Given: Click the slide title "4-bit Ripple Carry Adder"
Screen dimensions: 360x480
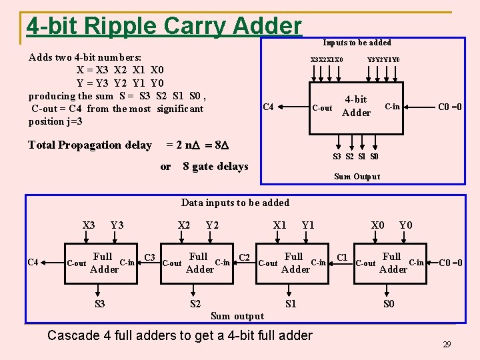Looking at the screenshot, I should click(x=164, y=25).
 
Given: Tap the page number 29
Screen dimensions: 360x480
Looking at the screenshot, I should click(x=447, y=344).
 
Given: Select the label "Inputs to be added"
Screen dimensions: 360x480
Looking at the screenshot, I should click(x=357, y=43).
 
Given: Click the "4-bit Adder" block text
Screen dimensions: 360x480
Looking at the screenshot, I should click(x=356, y=106).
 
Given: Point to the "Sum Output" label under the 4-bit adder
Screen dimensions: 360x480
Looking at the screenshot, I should click(x=357, y=177).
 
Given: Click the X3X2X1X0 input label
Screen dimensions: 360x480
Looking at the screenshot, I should click(x=327, y=60).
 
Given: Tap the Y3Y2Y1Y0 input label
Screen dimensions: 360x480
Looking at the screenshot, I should click(x=383, y=60).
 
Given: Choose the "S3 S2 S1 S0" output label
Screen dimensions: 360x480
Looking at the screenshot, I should click(x=356, y=157).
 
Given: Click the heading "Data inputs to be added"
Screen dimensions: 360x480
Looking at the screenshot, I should click(x=235, y=203).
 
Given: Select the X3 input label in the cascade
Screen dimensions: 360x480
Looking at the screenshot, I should click(x=89, y=225).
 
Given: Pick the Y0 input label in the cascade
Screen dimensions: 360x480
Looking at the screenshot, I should click(x=405, y=225).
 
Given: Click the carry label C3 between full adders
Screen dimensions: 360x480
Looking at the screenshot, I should click(x=150, y=257).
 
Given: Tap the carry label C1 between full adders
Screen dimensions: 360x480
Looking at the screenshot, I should click(x=343, y=257).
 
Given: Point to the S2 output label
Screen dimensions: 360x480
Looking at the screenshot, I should click(x=195, y=305).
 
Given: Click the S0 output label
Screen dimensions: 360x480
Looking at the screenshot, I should click(x=389, y=305).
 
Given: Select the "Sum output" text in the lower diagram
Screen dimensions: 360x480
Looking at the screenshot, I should click(x=237, y=316).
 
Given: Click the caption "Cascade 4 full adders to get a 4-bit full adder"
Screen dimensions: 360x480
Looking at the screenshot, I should click(x=180, y=335).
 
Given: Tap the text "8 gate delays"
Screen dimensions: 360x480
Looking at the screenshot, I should click(x=215, y=167).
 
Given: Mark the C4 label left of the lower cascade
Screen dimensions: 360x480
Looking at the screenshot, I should click(x=33, y=262).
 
